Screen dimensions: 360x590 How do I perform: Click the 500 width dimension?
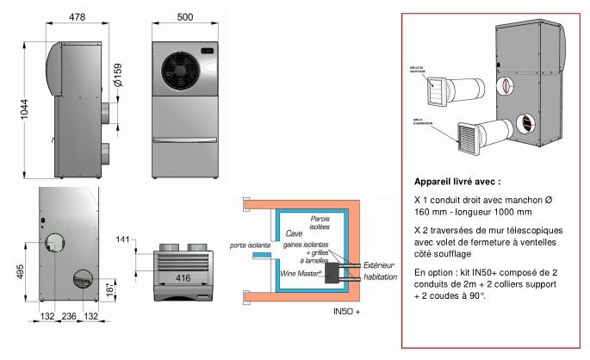tap(184, 16)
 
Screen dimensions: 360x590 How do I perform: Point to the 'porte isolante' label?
tap(249, 245)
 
